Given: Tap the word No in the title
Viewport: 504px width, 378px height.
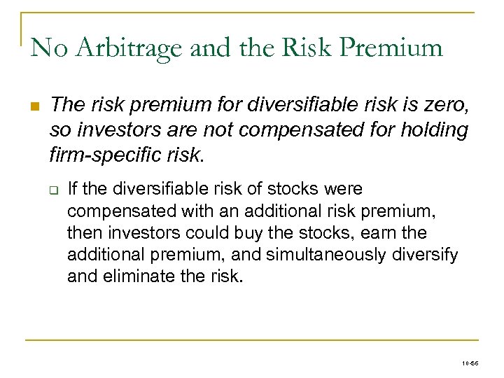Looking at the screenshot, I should [48, 48].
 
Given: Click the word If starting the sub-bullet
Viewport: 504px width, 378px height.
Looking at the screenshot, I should [72, 190].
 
